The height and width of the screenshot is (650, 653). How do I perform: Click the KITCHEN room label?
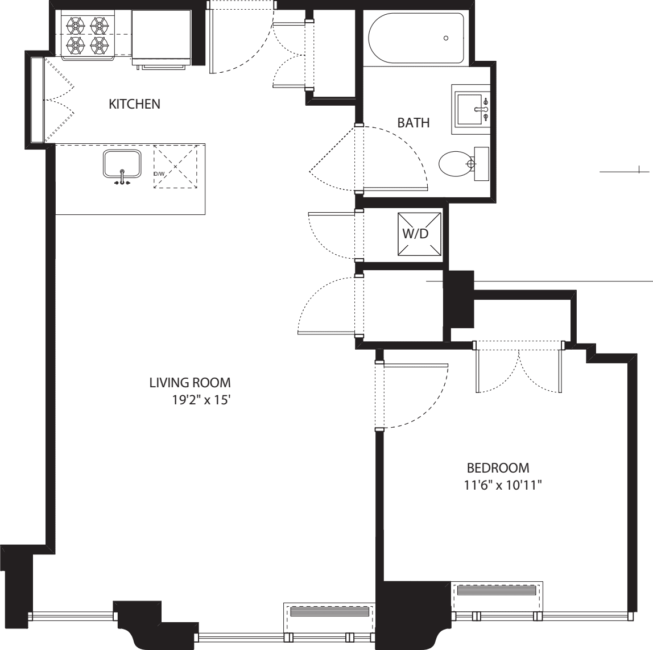(134, 104)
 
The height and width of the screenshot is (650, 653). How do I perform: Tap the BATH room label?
(413, 123)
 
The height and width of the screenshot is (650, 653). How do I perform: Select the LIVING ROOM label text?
(190, 383)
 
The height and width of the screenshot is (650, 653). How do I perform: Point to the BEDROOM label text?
(498, 468)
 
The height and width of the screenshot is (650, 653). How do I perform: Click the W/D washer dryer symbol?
(419, 234)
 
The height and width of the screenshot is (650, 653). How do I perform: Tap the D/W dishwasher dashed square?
(176, 166)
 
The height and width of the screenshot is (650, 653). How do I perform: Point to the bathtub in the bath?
(416, 38)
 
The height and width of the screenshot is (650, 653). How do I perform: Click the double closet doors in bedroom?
(519, 369)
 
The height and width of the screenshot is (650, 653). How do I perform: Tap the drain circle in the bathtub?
(445, 38)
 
